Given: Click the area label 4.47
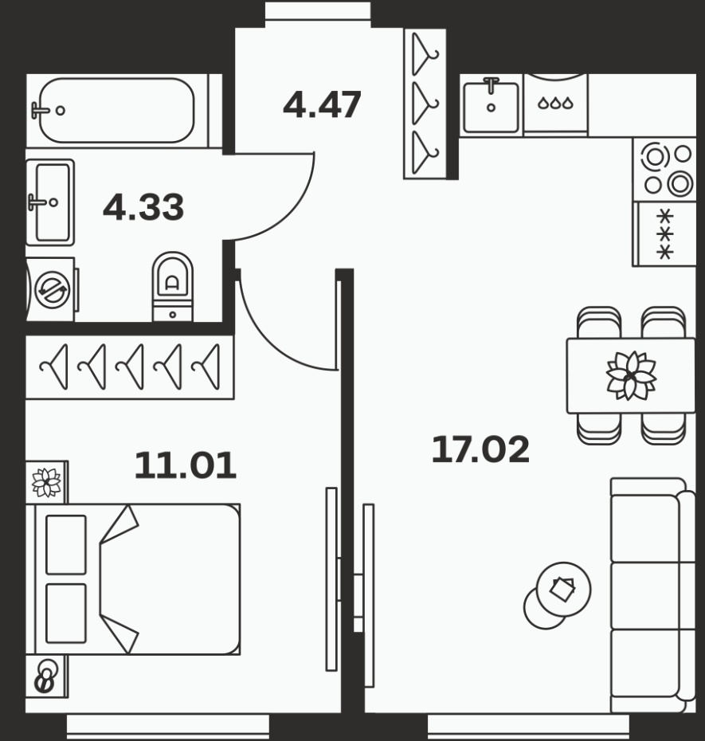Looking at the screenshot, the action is click(323, 104).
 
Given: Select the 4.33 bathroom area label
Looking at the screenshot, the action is click(143, 207).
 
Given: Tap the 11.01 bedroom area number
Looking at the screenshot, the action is click(186, 466).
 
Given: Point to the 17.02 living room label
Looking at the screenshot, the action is click(480, 449).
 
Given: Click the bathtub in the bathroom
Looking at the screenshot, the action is click(117, 111).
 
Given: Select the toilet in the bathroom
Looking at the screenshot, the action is click(173, 287).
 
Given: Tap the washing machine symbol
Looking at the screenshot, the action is click(52, 290).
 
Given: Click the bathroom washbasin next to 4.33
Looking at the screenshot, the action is click(50, 202).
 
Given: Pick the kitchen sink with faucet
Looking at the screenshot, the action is click(491, 105).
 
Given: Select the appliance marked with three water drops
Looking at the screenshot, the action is click(556, 103).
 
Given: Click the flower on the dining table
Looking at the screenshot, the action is click(631, 376).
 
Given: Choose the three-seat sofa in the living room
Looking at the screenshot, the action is click(652, 595).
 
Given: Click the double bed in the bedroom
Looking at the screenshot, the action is click(137, 579).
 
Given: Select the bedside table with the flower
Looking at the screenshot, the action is click(47, 483).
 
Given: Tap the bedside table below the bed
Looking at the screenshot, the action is click(47, 676).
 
